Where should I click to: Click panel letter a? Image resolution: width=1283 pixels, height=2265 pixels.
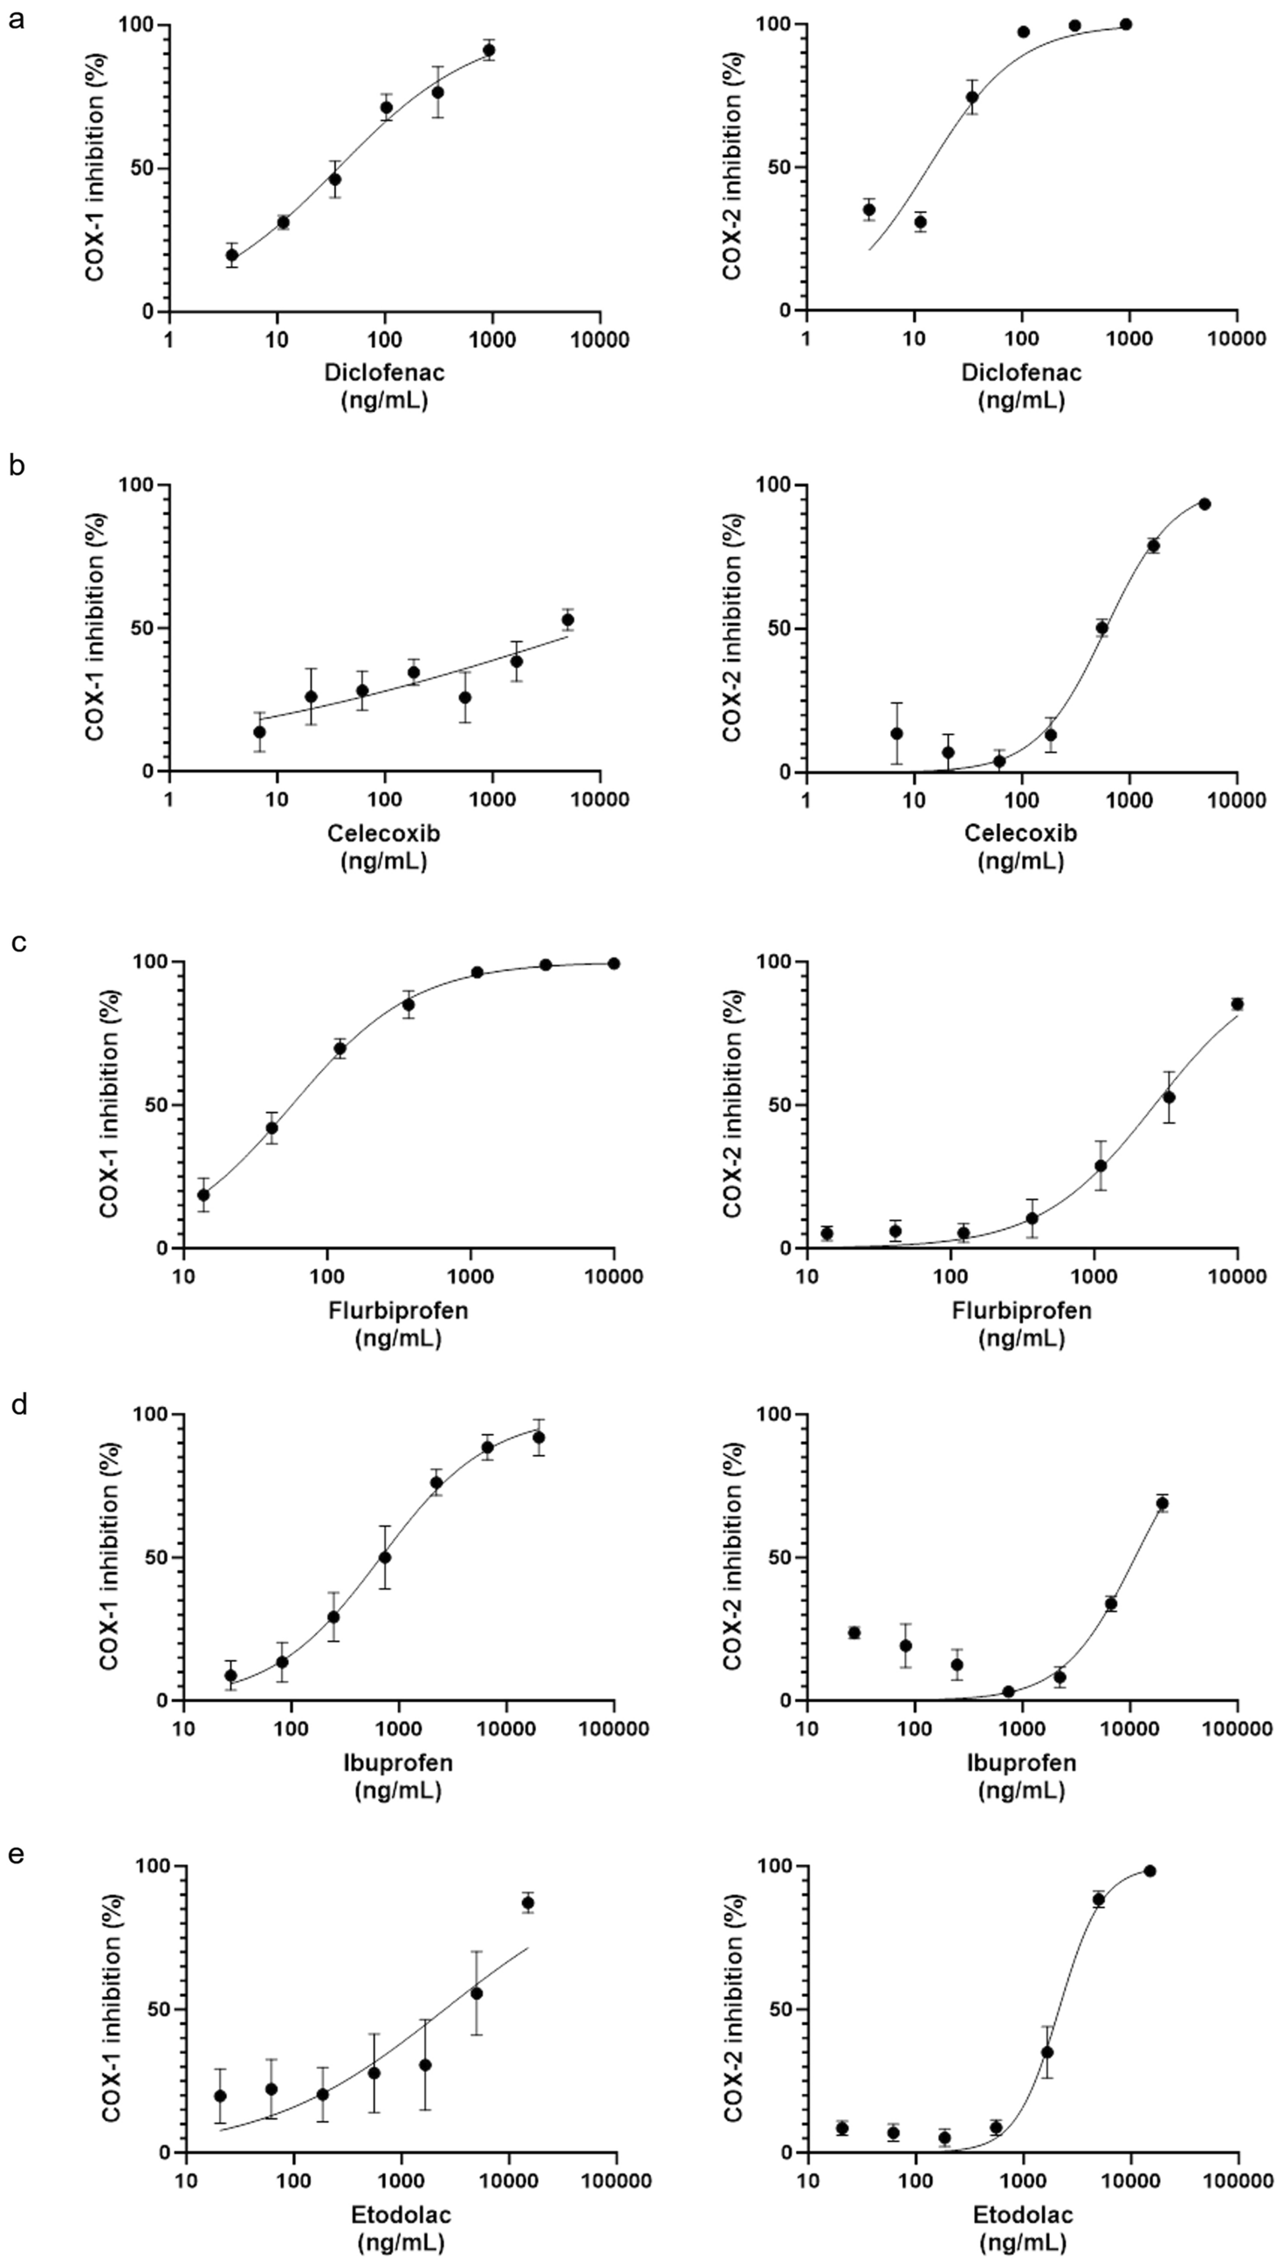coord(15,19)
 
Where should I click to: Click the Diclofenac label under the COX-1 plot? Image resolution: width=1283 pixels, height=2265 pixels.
coord(384,372)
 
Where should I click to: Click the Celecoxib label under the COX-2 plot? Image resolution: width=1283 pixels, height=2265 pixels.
coord(1020,833)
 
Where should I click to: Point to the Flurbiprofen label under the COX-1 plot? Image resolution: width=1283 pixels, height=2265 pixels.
coord(398,1310)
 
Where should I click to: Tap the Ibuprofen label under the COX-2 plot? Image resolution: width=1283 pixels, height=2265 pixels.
coord(1021,1762)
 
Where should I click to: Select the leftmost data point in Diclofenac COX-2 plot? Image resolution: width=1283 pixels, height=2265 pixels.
coord(868,209)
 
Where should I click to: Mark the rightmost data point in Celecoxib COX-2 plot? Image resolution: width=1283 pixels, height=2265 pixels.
coord(1204,504)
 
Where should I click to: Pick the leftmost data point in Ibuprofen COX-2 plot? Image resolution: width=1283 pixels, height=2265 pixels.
coord(854,1632)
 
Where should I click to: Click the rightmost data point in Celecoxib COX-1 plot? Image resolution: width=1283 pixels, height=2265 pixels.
coord(568,620)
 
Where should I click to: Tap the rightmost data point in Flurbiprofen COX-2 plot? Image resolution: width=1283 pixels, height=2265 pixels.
coord(1238,1004)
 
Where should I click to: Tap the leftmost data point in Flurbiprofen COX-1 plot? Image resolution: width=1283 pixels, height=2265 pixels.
coord(203,1196)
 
